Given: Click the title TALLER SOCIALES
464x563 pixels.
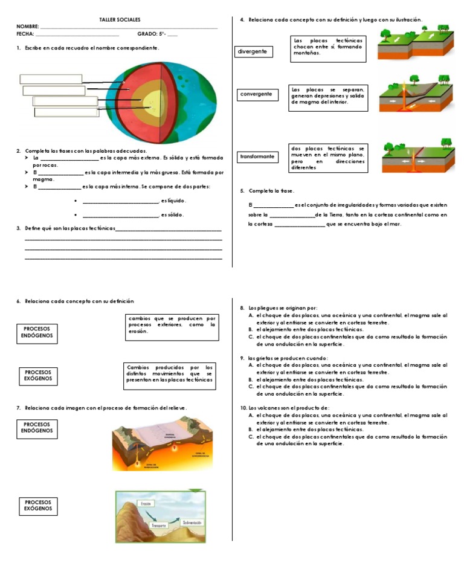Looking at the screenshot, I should [x=120, y=20].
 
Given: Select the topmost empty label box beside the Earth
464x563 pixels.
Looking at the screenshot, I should [x=51, y=79].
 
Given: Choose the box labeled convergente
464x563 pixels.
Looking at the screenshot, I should [x=256, y=94].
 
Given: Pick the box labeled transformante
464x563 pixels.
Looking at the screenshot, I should [x=257, y=156].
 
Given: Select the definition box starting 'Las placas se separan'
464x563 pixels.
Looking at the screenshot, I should [x=328, y=95].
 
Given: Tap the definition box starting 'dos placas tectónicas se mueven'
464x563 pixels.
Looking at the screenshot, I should [x=328, y=158].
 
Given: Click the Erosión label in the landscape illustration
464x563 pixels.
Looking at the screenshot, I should [x=145, y=503].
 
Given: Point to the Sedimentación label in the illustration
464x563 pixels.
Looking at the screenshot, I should [x=188, y=521].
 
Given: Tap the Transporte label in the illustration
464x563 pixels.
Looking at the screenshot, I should [x=159, y=526].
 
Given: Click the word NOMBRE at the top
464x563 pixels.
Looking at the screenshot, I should [x=27, y=27].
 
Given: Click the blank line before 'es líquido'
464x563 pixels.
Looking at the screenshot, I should [x=120, y=201].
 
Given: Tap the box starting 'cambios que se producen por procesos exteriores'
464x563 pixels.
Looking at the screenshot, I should [x=172, y=324].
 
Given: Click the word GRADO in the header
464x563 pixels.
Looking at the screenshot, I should [x=147, y=34].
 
